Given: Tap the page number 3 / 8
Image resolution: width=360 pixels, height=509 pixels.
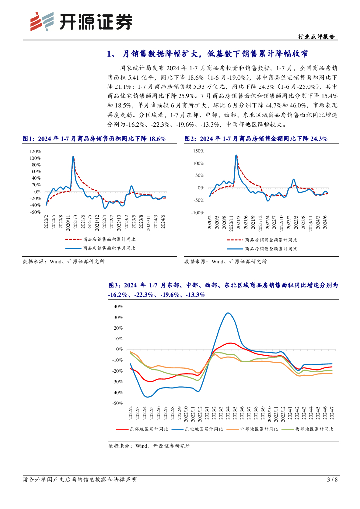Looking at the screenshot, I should [x=332, y=480].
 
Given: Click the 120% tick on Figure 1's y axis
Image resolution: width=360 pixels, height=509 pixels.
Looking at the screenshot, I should [x=35, y=151].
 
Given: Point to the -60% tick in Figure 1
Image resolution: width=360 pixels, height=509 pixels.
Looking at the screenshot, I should [x=35, y=212].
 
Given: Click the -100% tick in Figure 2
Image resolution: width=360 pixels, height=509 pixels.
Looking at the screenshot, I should [x=197, y=212].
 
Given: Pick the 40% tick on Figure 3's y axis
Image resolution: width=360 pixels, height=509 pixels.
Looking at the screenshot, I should [x=118, y=306].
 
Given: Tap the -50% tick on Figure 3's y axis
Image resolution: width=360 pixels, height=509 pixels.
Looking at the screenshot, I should [x=117, y=404].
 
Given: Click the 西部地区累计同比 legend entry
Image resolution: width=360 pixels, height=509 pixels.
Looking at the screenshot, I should [x=314, y=428].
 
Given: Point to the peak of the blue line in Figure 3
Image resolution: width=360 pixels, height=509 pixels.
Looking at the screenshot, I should [x=227, y=313].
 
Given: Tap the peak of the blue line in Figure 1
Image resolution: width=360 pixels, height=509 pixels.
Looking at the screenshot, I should [x=73, y=156].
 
